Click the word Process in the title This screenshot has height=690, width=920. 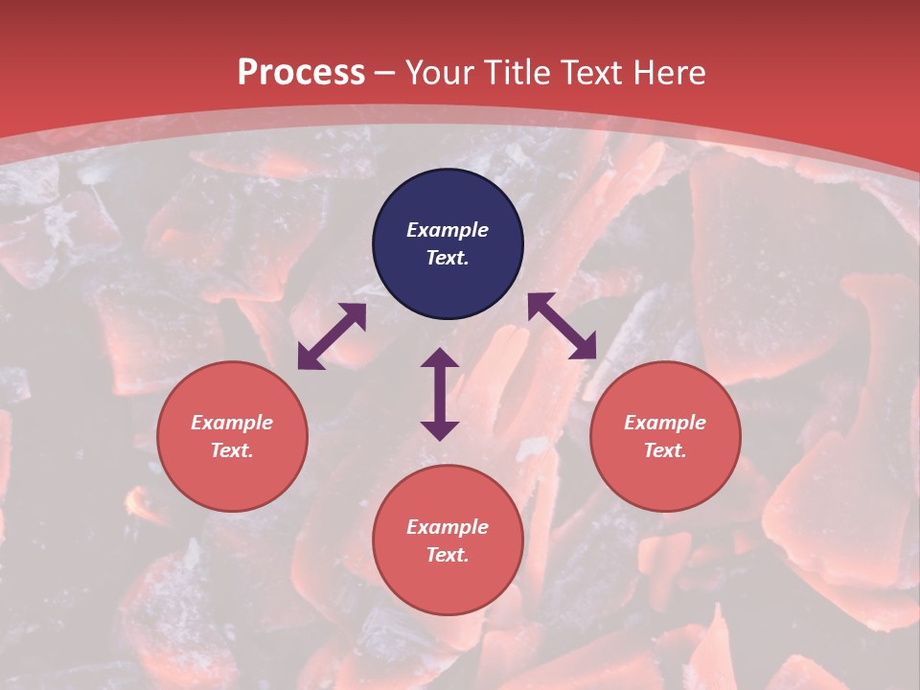(301, 73)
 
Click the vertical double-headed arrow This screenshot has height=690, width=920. (440, 394)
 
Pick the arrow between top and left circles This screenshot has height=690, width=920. (332, 336)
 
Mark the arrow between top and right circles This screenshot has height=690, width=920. (562, 326)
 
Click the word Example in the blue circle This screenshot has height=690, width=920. (448, 230)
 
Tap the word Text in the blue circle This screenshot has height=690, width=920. (448, 258)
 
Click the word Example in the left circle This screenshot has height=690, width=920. (232, 423)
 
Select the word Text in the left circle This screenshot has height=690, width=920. (232, 450)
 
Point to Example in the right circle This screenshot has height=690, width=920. (665, 423)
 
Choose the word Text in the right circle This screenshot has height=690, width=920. (665, 450)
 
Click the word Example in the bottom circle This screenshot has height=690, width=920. (448, 527)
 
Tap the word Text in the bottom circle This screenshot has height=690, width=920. (448, 555)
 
